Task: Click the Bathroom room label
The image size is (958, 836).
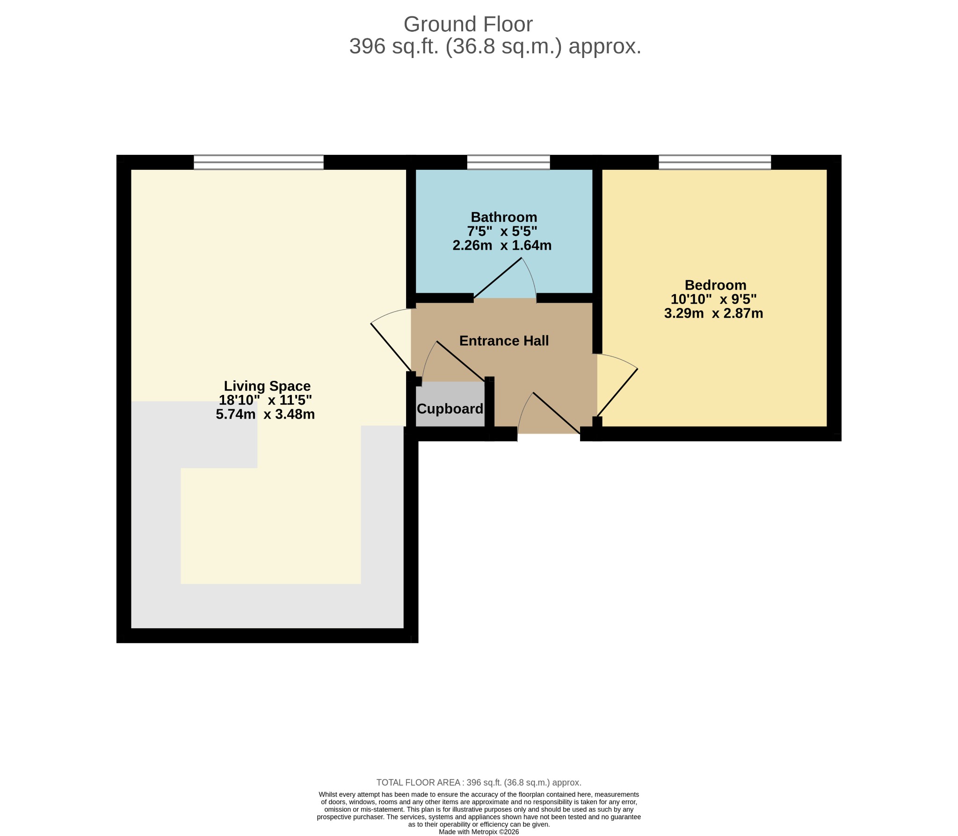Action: tap(504, 217)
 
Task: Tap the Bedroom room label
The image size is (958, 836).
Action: tap(715, 285)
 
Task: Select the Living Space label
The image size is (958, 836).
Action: tap(267, 386)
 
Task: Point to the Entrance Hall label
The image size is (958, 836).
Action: tap(504, 341)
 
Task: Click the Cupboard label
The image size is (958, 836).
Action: tap(450, 409)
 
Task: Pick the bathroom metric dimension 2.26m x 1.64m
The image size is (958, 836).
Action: tap(502, 245)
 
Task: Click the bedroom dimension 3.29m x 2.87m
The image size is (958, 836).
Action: tap(713, 313)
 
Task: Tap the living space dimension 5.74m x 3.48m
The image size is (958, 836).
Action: tap(265, 414)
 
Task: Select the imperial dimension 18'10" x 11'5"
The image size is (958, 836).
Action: tap(265, 400)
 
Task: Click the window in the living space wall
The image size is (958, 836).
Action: tap(259, 162)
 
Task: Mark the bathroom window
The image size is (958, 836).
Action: tap(508, 162)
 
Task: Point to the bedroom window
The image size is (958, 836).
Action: tap(715, 162)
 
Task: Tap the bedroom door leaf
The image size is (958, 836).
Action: tap(617, 393)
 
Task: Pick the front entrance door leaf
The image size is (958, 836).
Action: tap(557, 413)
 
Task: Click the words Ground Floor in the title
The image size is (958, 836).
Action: tap(468, 24)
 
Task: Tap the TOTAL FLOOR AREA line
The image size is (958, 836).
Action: tap(479, 783)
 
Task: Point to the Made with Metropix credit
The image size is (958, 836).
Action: tap(479, 832)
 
